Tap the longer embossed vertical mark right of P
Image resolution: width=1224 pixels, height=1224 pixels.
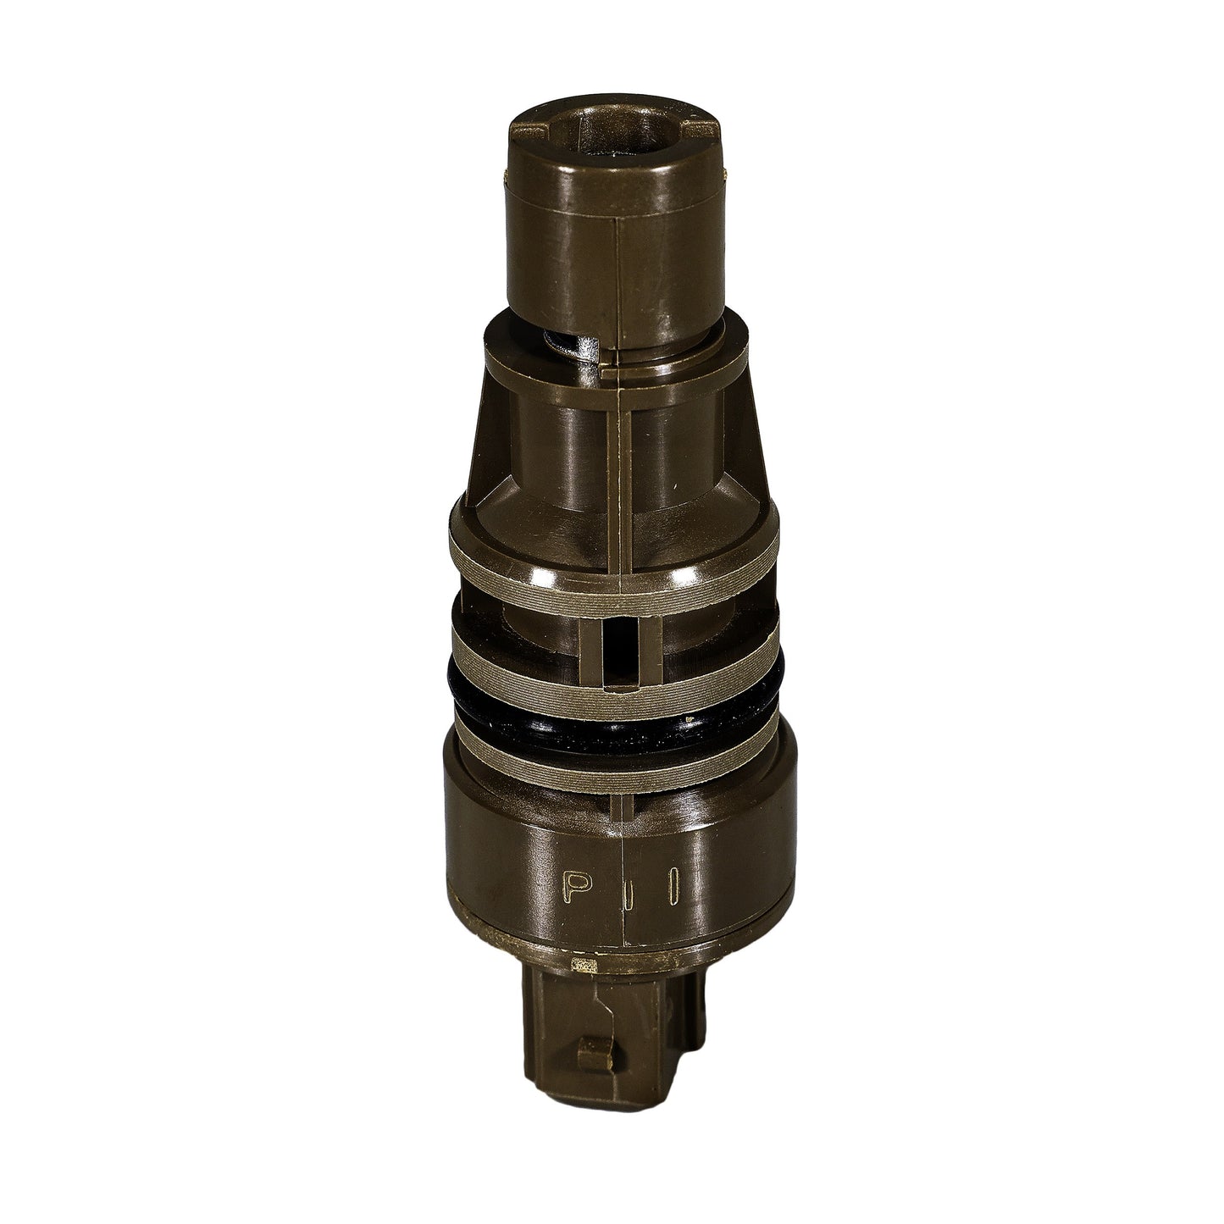pos(676,884)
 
